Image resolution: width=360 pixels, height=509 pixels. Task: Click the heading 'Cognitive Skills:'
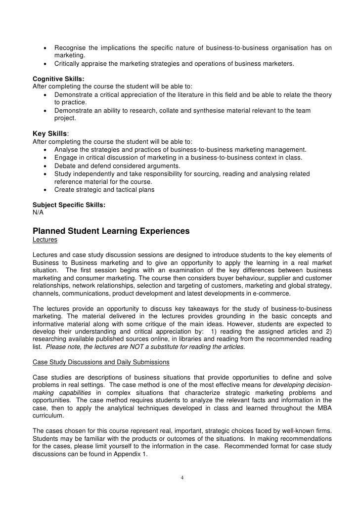tap(58, 79)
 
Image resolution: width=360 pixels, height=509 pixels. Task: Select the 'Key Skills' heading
tap(50, 133)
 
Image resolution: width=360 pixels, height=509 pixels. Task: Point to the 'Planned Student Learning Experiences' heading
tap(111, 231)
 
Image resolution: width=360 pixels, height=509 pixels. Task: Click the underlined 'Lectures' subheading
tap(45, 240)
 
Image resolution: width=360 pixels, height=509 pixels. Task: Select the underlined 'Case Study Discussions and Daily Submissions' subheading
tap(101, 362)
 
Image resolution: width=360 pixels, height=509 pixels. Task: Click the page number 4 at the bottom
tap(182, 477)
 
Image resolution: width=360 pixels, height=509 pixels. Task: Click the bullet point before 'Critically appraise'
tap(45, 64)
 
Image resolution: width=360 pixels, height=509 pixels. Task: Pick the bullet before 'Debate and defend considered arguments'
tap(45, 166)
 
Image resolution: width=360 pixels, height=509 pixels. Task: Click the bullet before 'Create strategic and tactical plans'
tap(45, 190)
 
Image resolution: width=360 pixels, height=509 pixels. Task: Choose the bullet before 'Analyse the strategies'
tap(45, 150)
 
